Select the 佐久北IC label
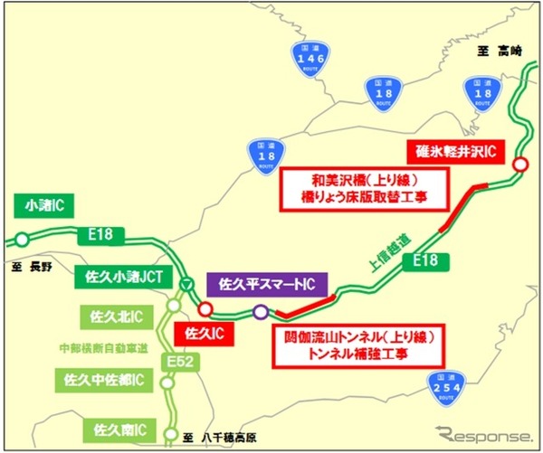pyautogui.click(x=114, y=316)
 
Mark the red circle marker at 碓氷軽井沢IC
pyautogui.click(x=520, y=164)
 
